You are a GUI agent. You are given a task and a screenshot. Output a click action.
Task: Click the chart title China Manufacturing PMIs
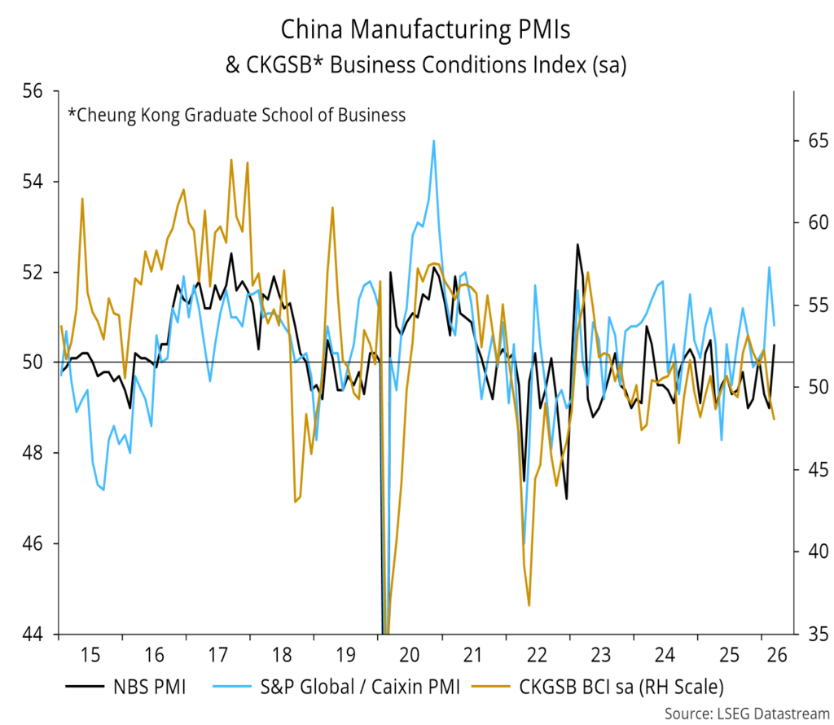point(425,30)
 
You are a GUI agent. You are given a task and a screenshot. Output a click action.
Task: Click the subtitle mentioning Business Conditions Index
point(425,66)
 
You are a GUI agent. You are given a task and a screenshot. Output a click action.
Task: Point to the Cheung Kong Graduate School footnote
point(236,115)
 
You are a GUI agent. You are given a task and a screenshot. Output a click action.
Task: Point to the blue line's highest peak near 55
point(433,141)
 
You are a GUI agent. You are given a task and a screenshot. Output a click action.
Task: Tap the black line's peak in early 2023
point(577,244)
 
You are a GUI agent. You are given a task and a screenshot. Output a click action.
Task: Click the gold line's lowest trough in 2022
point(529,605)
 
